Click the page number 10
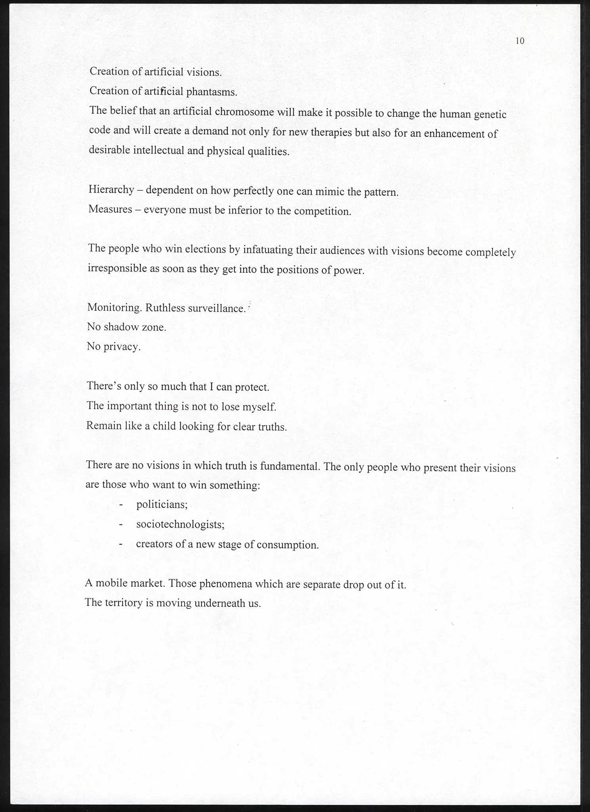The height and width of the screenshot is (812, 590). point(520,41)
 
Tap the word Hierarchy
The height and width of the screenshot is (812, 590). point(111,190)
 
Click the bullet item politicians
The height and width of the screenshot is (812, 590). point(162,505)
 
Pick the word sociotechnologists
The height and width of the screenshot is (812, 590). point(180,525)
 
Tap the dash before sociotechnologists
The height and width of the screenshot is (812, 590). point(121,525)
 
